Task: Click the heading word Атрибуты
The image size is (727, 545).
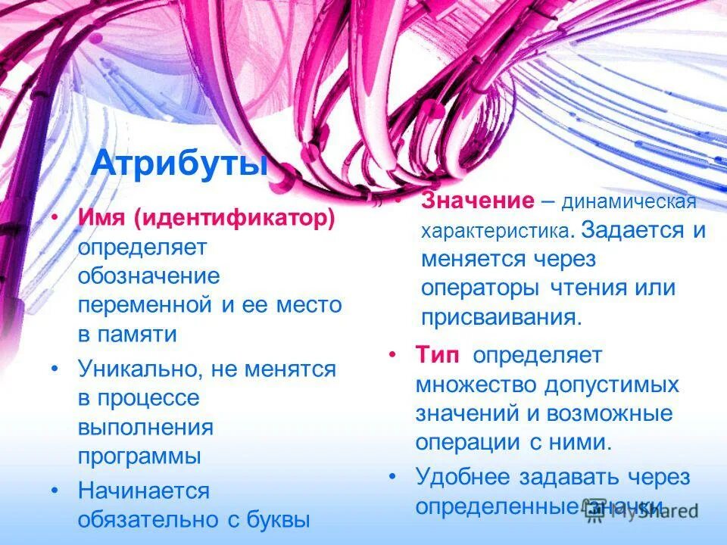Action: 179,164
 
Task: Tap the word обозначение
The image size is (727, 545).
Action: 149,276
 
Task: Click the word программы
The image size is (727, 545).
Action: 139,456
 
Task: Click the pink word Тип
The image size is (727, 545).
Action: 437,354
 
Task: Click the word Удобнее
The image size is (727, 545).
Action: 462,477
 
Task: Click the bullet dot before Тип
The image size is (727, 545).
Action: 392,354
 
